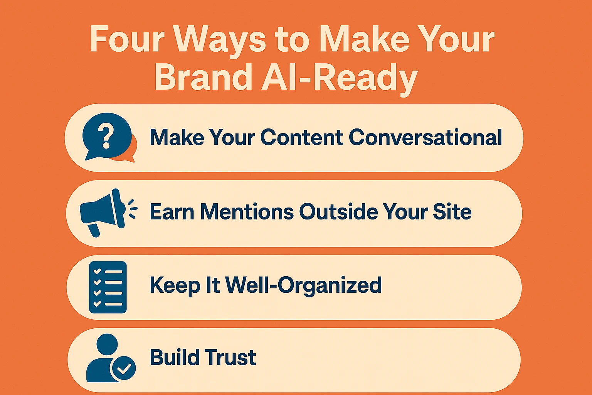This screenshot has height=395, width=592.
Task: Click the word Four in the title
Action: coord(127,39)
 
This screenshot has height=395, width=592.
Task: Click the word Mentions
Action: coord(247,212)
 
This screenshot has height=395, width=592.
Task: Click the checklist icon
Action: coord(108,287)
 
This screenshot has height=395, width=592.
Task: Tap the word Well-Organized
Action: coord(303,286)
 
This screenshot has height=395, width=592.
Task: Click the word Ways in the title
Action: coord(219,39)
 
